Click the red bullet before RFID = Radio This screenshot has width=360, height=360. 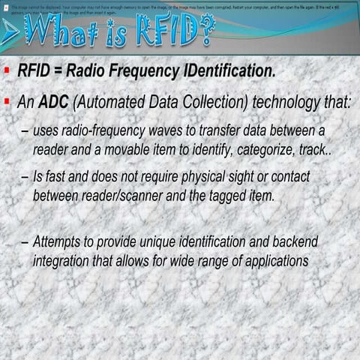(6, 72)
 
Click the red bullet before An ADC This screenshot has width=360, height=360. (6, 100)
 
